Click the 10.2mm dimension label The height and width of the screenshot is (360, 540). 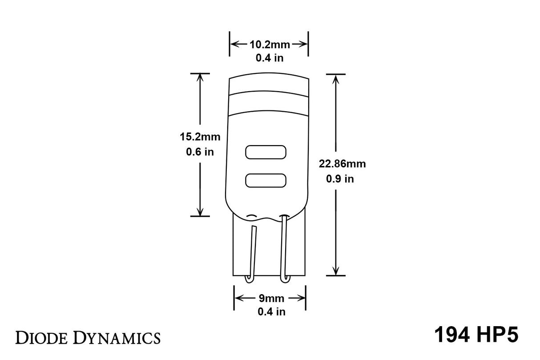point(270,44)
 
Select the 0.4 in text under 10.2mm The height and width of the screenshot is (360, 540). point(270,58)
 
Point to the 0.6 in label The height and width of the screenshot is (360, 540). point(200,152)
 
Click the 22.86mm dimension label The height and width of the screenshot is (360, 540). point(343,164)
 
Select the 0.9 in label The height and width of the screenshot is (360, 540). point(340,179)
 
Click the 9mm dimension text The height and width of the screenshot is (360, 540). point(270,298)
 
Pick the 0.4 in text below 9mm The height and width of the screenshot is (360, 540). point(271,312)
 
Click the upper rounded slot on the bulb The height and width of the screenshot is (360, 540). point(266,152)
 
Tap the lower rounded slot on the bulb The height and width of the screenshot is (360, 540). point(266,180)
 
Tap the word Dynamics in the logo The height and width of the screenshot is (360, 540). point(117,337)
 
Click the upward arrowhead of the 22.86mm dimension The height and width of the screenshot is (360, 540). point(335,79)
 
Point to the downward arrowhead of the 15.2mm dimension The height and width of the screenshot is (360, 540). point(200,211)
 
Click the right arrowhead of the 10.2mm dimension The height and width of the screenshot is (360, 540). point(304,44)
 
